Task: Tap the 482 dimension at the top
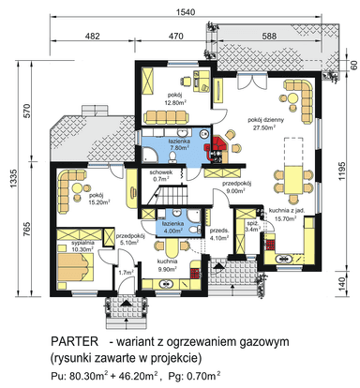pos(93,35)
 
